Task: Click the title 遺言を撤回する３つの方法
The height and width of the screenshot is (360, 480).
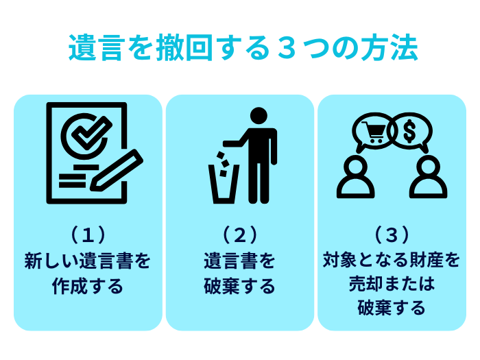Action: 240,49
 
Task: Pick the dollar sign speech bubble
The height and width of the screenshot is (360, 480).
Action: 411,131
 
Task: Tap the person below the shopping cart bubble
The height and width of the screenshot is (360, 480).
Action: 356,177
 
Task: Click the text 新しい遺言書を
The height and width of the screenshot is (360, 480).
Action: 88,261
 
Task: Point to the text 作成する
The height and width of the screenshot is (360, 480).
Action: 88,285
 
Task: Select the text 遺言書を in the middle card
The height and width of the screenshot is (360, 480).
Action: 239,261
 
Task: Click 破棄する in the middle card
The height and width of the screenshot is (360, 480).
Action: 239,285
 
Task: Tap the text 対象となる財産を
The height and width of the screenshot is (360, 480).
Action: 392,261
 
